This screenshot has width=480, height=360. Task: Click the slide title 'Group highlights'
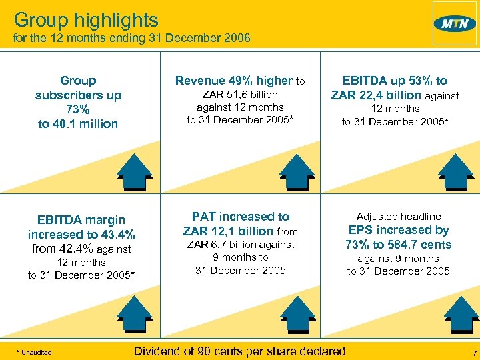[x=86, y=19]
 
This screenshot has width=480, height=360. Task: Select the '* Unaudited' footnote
[x=34, y=352]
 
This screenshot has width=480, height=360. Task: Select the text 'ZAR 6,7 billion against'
[x=240, y=245]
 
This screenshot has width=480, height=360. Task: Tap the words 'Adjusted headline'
[x=399, y=217]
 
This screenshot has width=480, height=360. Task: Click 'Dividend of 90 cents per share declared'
[x=240, y=351]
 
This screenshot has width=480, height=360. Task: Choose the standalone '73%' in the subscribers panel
[x=78, y=109]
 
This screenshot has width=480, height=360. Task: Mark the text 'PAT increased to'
[x=241, y=217]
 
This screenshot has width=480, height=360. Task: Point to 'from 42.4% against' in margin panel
[x=81, y=249]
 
